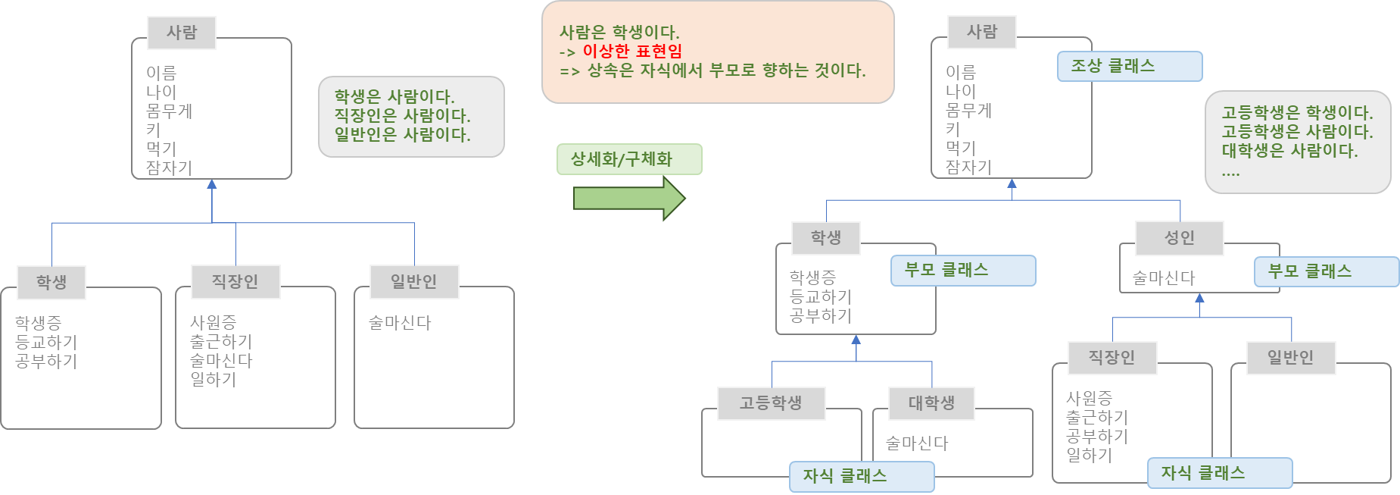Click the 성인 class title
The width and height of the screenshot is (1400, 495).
[x=1179, y=238]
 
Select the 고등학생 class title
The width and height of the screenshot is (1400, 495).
[x=771, y=403]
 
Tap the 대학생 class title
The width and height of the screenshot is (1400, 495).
[x=931, y=403]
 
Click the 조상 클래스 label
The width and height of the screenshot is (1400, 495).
[x=1113, y=66]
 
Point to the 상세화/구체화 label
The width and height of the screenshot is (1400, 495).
[x=622, y=159]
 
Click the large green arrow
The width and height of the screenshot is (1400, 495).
[x=628, y=198]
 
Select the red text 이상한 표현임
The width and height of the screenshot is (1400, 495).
[x=632, y=52]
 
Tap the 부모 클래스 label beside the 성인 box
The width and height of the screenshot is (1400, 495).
[x=1310, y=271]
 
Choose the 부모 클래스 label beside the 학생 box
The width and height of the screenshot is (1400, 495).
[x=946, y=270]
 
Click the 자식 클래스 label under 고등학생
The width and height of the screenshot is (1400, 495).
[x=845, y=476]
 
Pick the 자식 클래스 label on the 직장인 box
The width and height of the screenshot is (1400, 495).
[x=1203, y=473]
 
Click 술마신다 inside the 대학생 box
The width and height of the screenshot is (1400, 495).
[x=917, y=443]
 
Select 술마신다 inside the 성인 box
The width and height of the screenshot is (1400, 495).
[x=1164, y=278]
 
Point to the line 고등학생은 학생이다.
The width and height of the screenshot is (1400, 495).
[x=1297, y=113]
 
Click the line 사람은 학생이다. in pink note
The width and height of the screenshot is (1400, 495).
[x=619, y=33]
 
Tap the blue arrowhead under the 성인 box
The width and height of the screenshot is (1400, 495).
[x=1199, y=299]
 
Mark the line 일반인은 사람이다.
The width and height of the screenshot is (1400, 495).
[x=403, y=135]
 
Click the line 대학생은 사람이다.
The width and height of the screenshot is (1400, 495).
[x=1289, y=151]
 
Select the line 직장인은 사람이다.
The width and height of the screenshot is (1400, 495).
[x=403, y=116]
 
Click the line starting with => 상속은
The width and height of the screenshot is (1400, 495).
[x=712, y=71]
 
